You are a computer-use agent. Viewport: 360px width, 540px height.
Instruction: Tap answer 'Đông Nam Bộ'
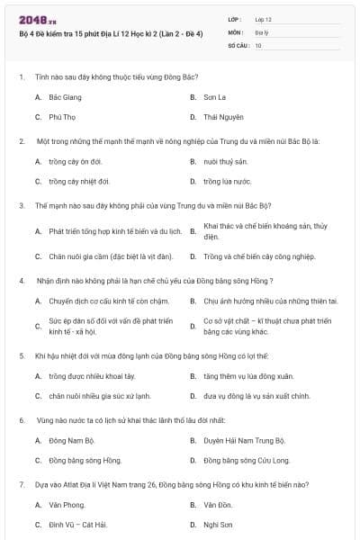(x=71, y=440)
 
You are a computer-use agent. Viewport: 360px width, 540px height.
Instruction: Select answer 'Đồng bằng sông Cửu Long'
(x=247, y=460)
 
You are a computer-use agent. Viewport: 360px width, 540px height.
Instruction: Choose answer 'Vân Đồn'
(x=216, y=504)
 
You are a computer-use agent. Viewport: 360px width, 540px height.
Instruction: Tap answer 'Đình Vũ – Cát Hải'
(x=77, y=524)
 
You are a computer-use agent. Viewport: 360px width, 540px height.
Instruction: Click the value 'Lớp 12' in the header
(x=263, y=18)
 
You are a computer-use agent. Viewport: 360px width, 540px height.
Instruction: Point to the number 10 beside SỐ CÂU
(x=258, y=44)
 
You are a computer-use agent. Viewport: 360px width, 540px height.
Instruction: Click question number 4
(x=21, y=279)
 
